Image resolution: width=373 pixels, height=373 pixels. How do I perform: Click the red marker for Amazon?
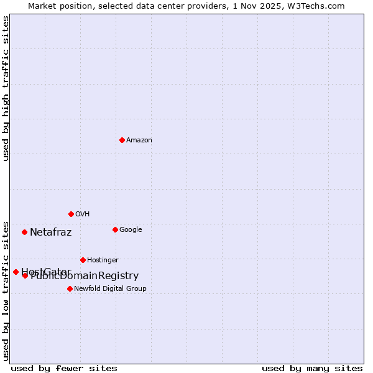[122, 140]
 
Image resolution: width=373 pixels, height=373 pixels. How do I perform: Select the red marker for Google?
[115, 229]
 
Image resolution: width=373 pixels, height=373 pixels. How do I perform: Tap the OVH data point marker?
[71, 214]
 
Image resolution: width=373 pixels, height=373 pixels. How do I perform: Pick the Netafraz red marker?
[24, 232]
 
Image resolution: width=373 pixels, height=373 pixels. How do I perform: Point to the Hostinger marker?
[83, 260]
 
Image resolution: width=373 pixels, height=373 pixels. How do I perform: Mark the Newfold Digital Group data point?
[70, 288]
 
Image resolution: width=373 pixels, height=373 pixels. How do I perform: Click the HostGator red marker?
[16, 272]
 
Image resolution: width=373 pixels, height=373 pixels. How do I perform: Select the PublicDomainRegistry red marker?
[25, 275]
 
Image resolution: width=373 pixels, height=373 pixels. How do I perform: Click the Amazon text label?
[139, 140]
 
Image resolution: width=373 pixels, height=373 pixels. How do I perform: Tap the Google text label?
[131, 230]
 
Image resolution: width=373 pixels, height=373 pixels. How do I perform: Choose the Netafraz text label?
[51, 233]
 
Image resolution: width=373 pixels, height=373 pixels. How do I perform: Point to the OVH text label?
[83, 214]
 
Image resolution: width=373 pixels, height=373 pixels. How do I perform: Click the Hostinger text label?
[103, 260]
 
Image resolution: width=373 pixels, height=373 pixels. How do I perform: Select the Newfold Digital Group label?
[110, 289]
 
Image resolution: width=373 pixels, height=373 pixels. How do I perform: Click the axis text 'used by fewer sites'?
[64, 369]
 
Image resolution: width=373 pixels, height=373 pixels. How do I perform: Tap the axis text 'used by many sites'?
[312, 369]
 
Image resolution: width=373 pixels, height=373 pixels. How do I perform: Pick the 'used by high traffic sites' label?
[6, 88]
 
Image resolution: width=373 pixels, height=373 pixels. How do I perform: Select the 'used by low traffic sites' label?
[6, 290]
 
